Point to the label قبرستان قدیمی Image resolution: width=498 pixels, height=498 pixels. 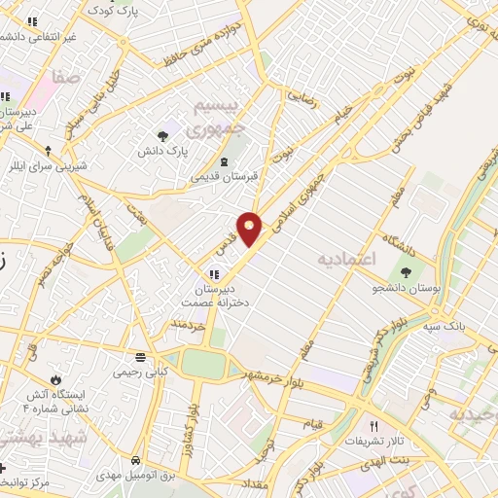(x=220, y=176)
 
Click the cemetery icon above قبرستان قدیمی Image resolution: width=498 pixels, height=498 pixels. (x=225, y=160)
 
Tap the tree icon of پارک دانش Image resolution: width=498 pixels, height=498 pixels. (x=162, y=136)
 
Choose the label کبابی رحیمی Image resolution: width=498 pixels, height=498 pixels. (x=142, y=372)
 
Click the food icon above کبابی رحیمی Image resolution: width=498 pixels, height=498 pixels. (x=142, y=356)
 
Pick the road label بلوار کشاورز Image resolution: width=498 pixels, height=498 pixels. (x=192, y=409)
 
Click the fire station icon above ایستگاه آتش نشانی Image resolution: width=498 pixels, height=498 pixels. (x=55, y=378)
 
